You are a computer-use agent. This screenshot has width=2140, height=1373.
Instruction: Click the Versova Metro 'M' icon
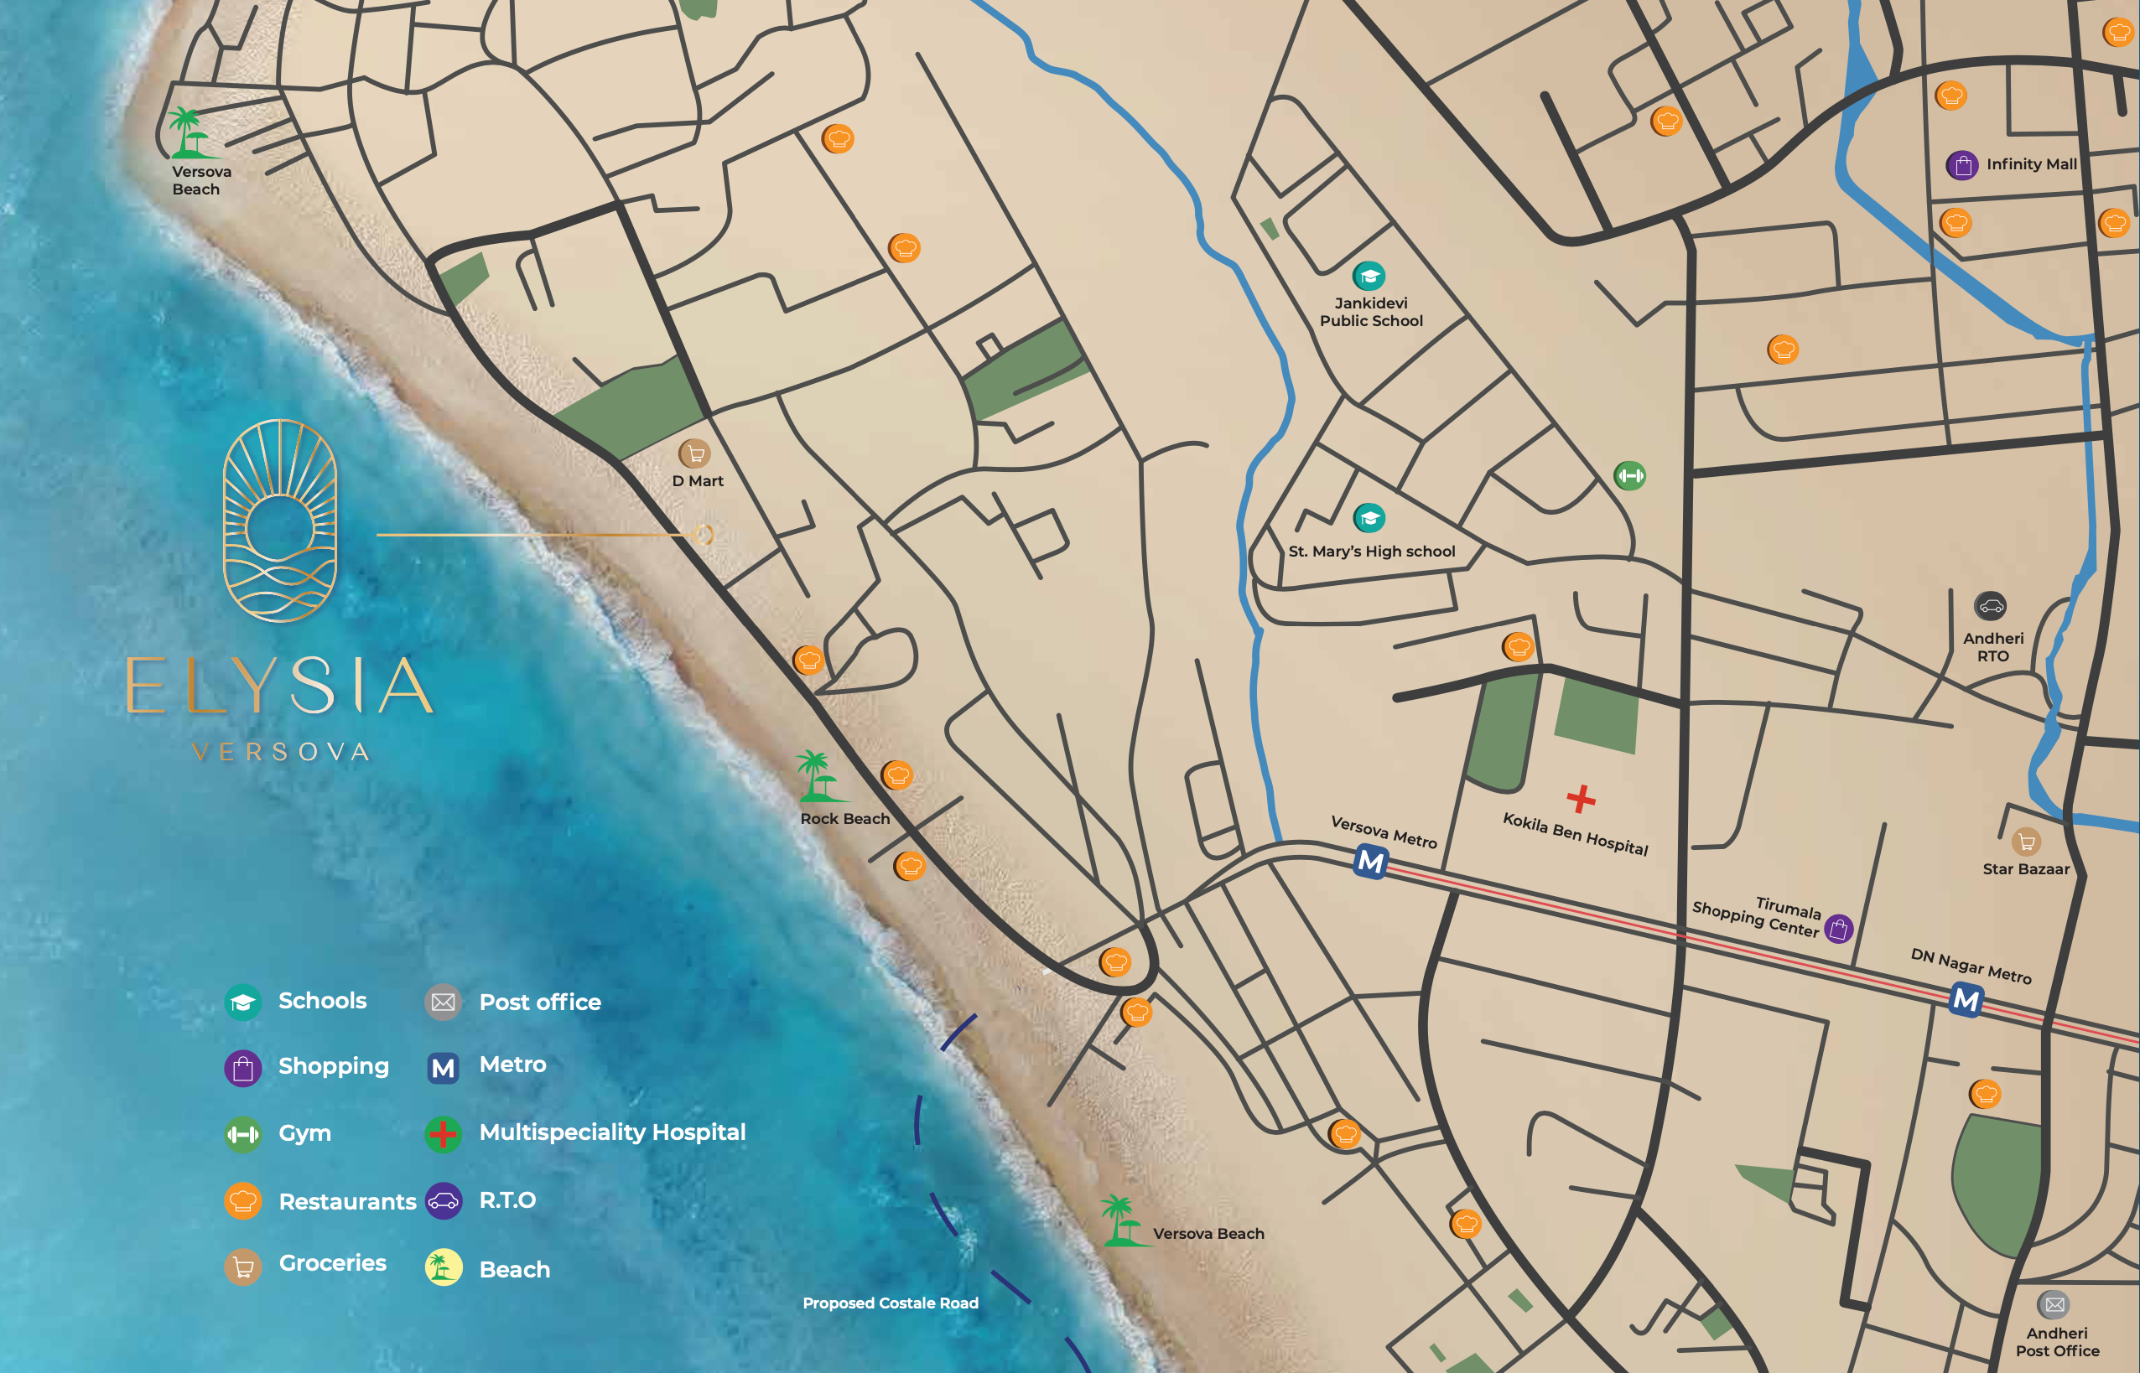[1370, 863]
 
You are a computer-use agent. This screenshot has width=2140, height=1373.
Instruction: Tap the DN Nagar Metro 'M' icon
[1966, 999]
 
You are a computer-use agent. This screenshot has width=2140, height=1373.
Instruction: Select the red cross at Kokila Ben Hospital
[1581, 799]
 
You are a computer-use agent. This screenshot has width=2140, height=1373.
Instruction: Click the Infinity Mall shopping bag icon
[1961, 165]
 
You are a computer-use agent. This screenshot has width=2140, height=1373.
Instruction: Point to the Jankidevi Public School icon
[1369, 277]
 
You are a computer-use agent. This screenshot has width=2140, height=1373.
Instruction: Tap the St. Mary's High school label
[1371, 552]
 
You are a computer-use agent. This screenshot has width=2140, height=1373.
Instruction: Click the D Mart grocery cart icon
[694, 453]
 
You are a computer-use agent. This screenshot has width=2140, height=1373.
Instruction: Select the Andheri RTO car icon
[1990, 607]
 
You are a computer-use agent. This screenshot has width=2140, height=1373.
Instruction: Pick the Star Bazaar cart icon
[2026, 842]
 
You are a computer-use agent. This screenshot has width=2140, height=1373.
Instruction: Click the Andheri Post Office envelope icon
[2054, 1305]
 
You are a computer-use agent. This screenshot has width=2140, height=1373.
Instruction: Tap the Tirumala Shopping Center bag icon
[1838, 929]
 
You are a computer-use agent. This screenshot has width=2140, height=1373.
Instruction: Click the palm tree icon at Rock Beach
[816, 775]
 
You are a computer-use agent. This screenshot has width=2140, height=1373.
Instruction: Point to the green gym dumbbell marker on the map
[1630, 476]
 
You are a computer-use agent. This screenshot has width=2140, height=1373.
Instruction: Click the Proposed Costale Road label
[890, 1303]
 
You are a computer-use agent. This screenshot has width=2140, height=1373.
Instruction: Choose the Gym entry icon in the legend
[242, 1135]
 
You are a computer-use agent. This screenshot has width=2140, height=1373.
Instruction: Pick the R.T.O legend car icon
[443, 1201]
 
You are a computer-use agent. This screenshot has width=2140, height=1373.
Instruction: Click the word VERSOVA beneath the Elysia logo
[281, 753]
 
